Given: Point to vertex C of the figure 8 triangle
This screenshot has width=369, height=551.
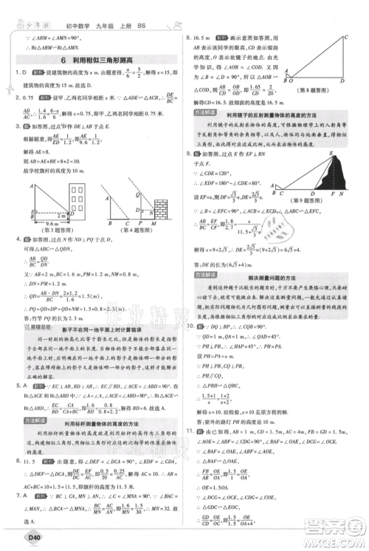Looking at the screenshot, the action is click(345, 36).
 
